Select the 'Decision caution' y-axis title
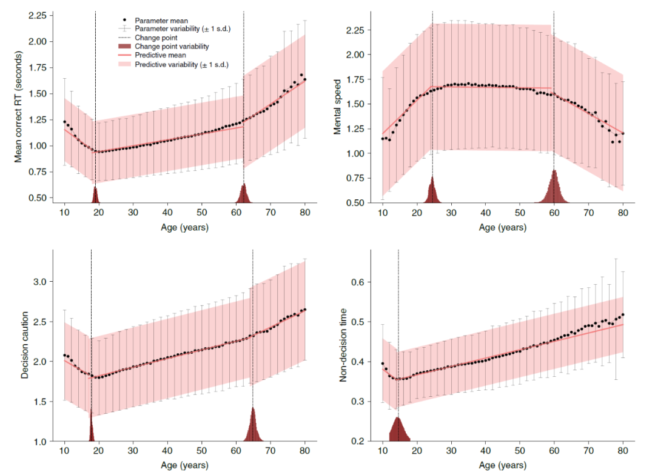pos(25,346)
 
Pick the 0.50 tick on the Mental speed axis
pos(356,203)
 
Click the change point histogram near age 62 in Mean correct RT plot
pos(244,194)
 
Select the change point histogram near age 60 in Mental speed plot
pos(554,188)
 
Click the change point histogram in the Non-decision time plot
pos(398,430)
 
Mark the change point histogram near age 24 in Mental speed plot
pos(432,191)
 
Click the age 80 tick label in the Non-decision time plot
pos(623,451)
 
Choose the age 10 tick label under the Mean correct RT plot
pos(64,213)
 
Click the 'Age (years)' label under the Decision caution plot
pos(184,466)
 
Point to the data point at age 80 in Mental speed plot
pos(623,133)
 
